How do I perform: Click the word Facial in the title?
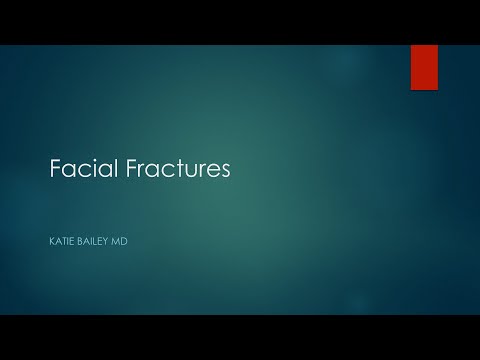click(x=78, y=169)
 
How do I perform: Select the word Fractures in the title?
click(x=171, y=169)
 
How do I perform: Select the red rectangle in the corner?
click(x=424, y=67)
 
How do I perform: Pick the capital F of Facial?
click(x=56, y=169)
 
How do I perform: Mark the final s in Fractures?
click(x=224, y=171)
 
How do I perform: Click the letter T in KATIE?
click(x=65, y=240)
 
